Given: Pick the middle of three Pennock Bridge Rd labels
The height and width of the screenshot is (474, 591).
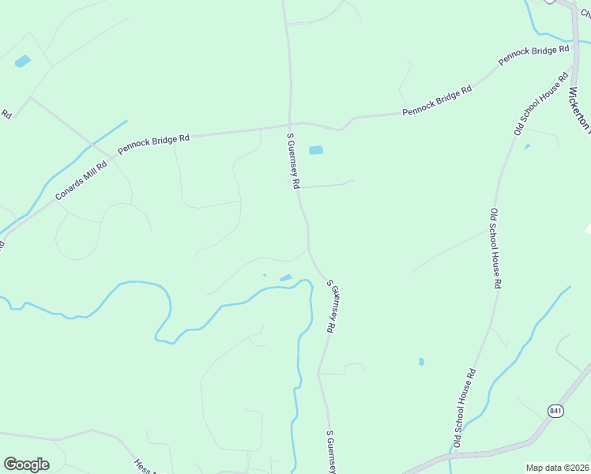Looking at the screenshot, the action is tap(437, 100).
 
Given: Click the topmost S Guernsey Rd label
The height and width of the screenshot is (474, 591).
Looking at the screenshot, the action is tap(293, 160).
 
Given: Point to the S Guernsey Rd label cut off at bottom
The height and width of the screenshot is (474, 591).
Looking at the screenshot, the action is tap(333, 452).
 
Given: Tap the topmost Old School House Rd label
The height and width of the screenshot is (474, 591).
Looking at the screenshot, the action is tap(542, 103).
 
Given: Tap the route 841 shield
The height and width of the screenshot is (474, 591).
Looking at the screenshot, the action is tap(555, 411).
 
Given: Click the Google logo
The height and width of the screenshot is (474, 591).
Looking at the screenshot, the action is tap(26, 465).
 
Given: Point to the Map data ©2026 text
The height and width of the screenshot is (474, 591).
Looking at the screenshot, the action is tap(556, 468).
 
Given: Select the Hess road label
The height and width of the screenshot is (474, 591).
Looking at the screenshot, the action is tap(143, 466).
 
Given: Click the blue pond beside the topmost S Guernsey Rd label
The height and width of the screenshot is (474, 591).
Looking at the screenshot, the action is tap(316, 150).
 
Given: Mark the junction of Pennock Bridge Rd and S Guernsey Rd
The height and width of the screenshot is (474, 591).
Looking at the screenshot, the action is tap(290, 125).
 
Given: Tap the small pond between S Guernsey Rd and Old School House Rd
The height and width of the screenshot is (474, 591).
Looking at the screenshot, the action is tap(421, 362).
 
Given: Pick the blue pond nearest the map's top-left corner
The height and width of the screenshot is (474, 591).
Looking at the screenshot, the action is tap(22, 61).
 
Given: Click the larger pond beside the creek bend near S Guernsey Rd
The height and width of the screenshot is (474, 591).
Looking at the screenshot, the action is tap(285, 277).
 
